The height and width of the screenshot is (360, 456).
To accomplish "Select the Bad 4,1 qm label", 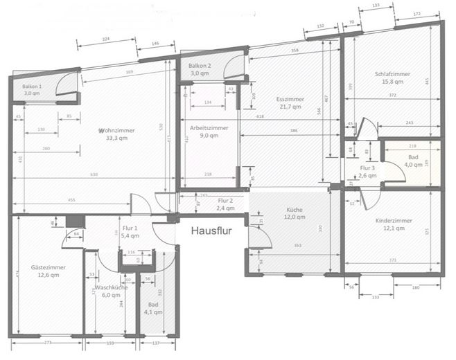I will pyautogui.click(x=152, y=308).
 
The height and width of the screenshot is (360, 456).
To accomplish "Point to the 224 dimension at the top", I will pyautogui.click(x=105, y=41).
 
